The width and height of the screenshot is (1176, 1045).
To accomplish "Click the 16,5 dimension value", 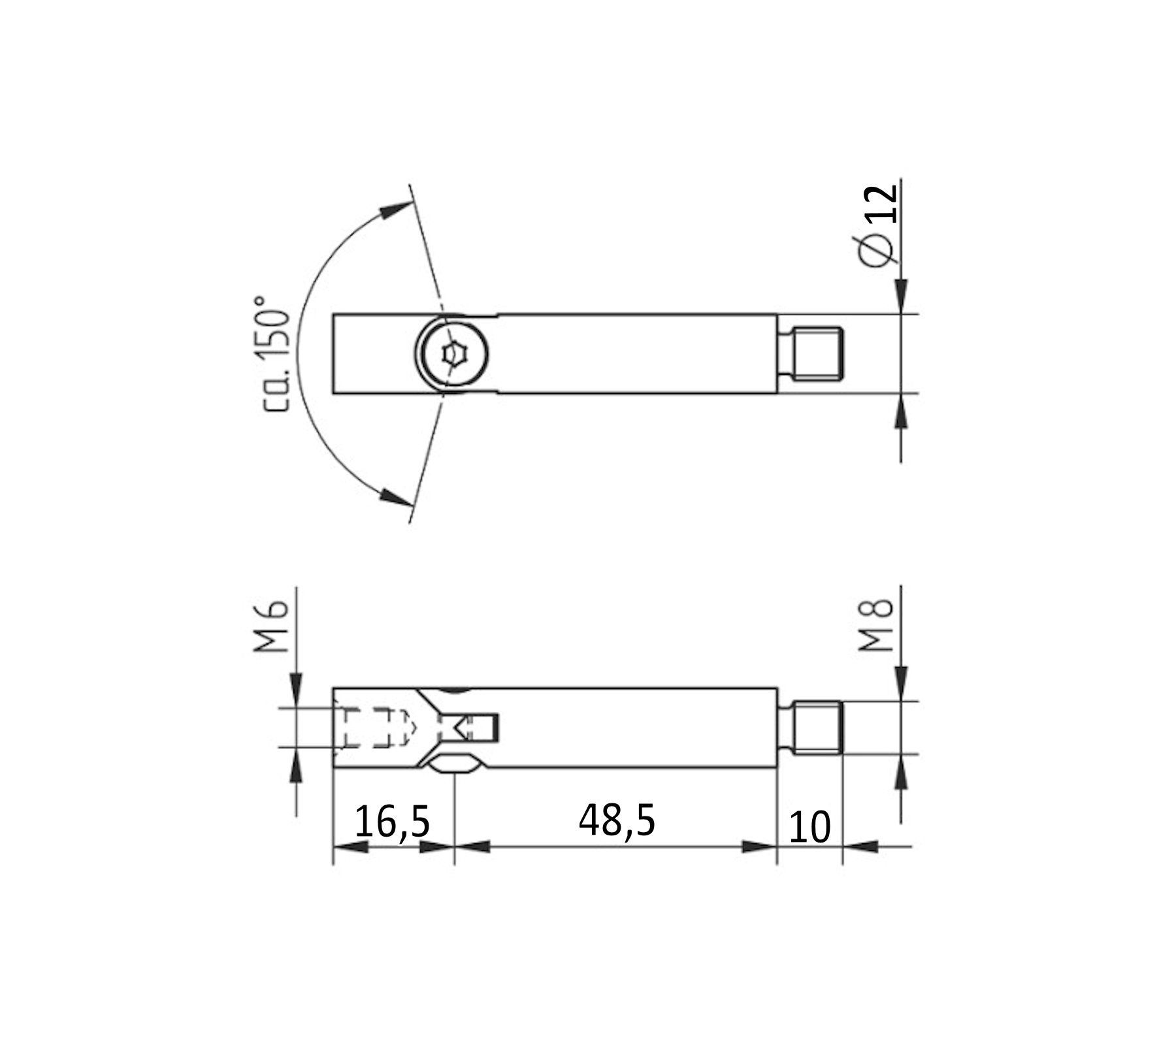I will (x=392, y=822).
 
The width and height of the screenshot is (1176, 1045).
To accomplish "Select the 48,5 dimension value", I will (x=616, y=820).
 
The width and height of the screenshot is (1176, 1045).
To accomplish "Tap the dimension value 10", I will (x=809, y=827).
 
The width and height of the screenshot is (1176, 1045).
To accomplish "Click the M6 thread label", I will (x=270, y=627).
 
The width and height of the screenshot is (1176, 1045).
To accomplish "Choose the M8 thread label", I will (x=875, y=625).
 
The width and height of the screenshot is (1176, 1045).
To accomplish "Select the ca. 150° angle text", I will (x=274, y=353).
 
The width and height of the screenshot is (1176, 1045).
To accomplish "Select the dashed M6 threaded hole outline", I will (x=372, y=728).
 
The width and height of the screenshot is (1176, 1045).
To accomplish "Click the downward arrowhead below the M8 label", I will (x=901, y=683).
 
